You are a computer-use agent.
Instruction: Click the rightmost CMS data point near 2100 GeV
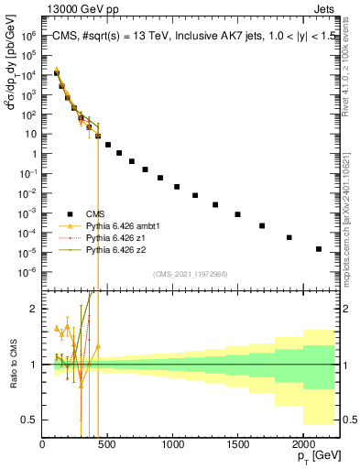[x=319, y=249]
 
